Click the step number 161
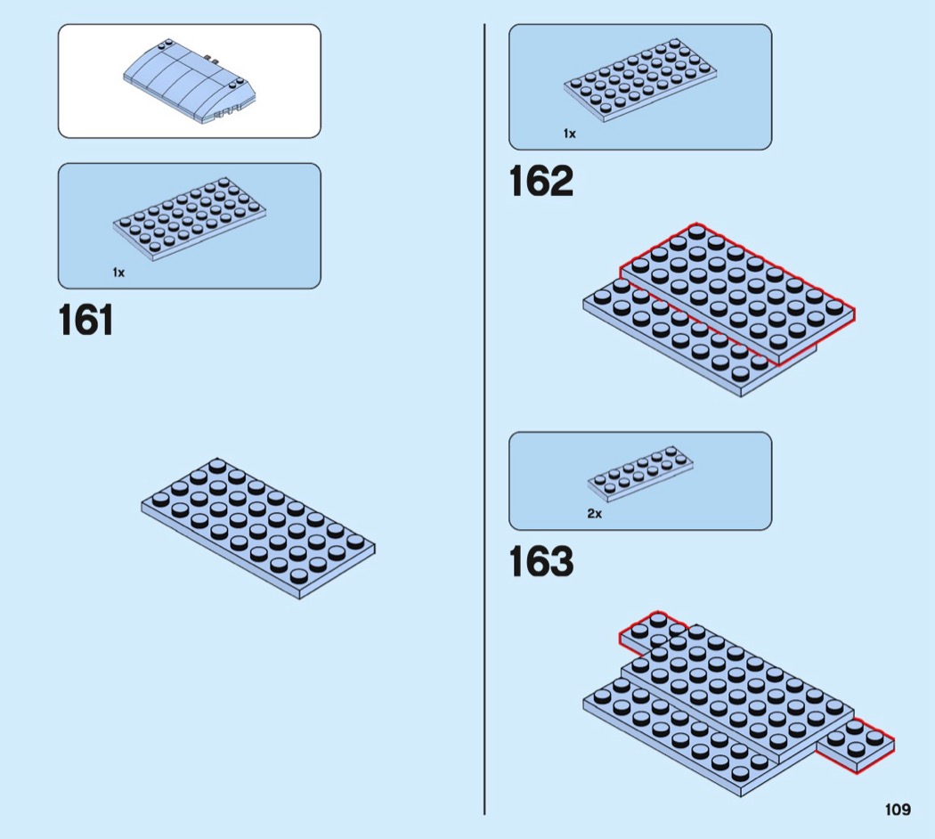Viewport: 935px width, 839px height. coord(86,322)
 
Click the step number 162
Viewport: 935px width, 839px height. coord(541,182)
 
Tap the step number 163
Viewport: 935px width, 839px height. coord(541,562)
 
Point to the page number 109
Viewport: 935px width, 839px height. coord(898,810)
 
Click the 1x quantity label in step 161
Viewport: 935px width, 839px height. coord(118,273)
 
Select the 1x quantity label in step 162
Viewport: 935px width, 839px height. coord(569,134)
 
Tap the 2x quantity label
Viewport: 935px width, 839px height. coord(594,514)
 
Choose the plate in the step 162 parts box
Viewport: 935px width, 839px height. coord(640,85)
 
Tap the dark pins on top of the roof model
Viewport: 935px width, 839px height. coord(212,60)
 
